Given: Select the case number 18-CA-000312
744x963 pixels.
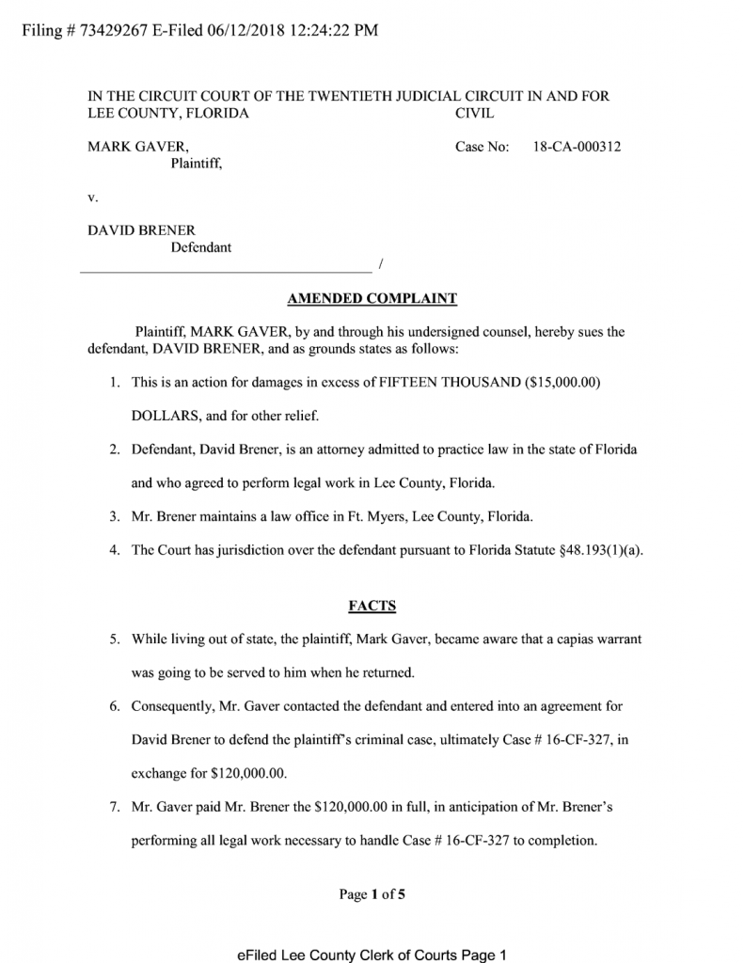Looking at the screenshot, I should coord(577,147).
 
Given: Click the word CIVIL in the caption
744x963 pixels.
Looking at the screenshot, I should coord(475,114).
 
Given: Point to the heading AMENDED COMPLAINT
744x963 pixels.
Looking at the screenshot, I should coord(372,299).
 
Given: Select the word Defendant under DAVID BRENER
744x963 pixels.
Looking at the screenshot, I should coord(200,247).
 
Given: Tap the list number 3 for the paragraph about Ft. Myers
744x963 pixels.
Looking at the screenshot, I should coord(113,516).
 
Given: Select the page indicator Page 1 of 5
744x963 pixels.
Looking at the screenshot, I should coord(372,894).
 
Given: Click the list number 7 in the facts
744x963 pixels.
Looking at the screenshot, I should coord(113,808).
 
